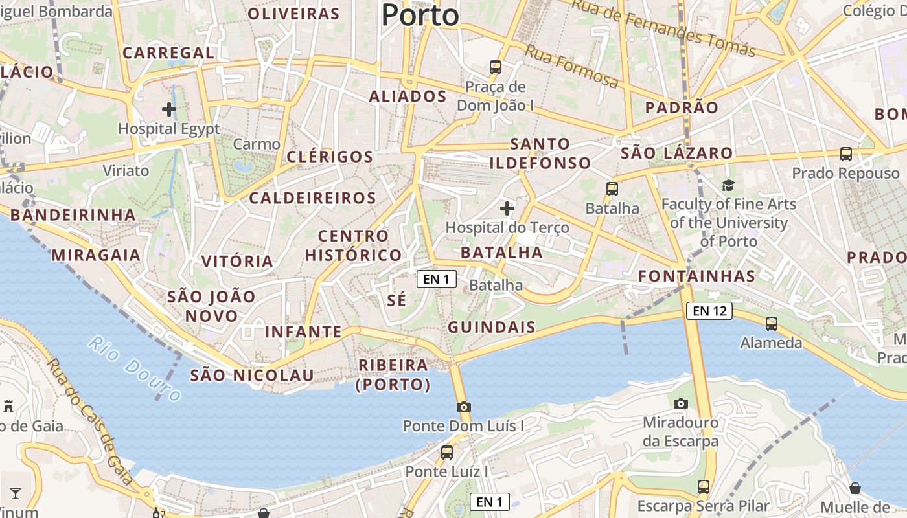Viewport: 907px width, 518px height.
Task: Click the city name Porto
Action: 420,14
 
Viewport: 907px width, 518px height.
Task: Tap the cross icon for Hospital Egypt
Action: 169,109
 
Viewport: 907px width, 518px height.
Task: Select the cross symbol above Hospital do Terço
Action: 507,208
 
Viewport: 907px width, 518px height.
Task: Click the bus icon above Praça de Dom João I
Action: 496,67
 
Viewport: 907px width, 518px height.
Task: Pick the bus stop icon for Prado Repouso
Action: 846,154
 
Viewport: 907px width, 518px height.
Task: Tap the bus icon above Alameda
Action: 771,323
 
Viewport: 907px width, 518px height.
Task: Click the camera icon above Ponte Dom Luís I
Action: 464,407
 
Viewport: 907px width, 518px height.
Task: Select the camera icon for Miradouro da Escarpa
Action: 680,403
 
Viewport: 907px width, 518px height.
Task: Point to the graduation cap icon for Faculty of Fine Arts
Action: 729,186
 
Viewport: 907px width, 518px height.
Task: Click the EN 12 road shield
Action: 709,311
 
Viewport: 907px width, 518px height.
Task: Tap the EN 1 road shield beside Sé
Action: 436,279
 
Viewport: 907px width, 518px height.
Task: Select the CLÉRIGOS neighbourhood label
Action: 330,157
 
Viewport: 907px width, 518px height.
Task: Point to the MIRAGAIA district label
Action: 96,255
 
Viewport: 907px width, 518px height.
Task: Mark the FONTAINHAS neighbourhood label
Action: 696,276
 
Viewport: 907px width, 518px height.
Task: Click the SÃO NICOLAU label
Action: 251,375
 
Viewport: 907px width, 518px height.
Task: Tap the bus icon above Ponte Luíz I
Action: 447,453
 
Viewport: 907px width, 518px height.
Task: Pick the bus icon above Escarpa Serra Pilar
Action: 704,486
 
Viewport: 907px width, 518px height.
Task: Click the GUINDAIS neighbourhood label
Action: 492,327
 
